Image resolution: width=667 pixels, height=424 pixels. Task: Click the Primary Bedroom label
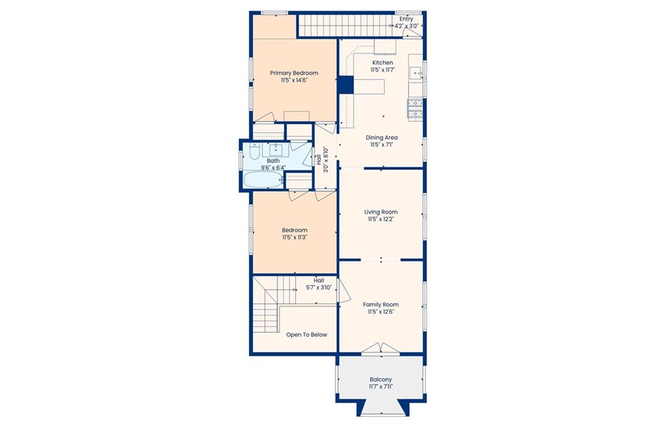click(x=294, y=73)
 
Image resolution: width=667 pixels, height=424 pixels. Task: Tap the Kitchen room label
click(x=382, y=63)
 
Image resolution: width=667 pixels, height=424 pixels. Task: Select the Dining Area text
click(x=382, y=137)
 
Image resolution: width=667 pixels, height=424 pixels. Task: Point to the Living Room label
click(x=380, y=212)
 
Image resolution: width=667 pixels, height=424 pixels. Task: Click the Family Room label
click(x=380, y=305)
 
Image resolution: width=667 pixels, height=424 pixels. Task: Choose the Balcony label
click(x=380, y=379)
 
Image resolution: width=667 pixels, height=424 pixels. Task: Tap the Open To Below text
click(x=307, y=335)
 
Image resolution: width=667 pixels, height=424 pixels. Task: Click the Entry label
click(x=406, y=19)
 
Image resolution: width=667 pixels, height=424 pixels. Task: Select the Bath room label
click(x=273, y=161)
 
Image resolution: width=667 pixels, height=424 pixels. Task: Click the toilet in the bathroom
click(x=254, y=151)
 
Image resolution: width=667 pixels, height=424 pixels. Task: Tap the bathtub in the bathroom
click(x=264, y=179)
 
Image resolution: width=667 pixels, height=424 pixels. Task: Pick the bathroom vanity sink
click(x=276, y=149)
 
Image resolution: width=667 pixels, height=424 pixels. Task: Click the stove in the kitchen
click(x=415, y=109)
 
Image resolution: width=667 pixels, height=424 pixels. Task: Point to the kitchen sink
click(x=415, y=74)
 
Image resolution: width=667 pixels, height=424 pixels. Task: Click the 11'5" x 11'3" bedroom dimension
click(x=294, y=237)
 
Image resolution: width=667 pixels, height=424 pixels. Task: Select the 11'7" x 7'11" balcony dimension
click(x=380, y=387)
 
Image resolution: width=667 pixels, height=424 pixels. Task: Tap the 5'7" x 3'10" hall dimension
click(x=319, y=287)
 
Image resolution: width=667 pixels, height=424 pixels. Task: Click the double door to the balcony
click(x=380, y=348)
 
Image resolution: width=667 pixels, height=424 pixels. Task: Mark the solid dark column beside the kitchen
click(x=346, y=85)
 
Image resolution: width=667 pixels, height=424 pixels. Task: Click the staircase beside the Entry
click(x=343, y=26)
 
